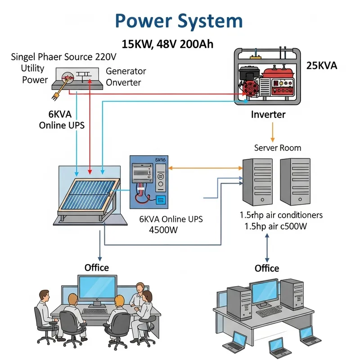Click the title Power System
pos(179,21)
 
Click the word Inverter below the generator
pos(268,114)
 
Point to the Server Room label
pos(278,148)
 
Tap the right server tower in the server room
pos(295,180)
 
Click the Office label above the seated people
pos(97,268)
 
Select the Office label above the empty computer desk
pos(267,268)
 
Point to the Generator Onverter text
pos(126,76)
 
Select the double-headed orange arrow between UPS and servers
pos(205,168)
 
